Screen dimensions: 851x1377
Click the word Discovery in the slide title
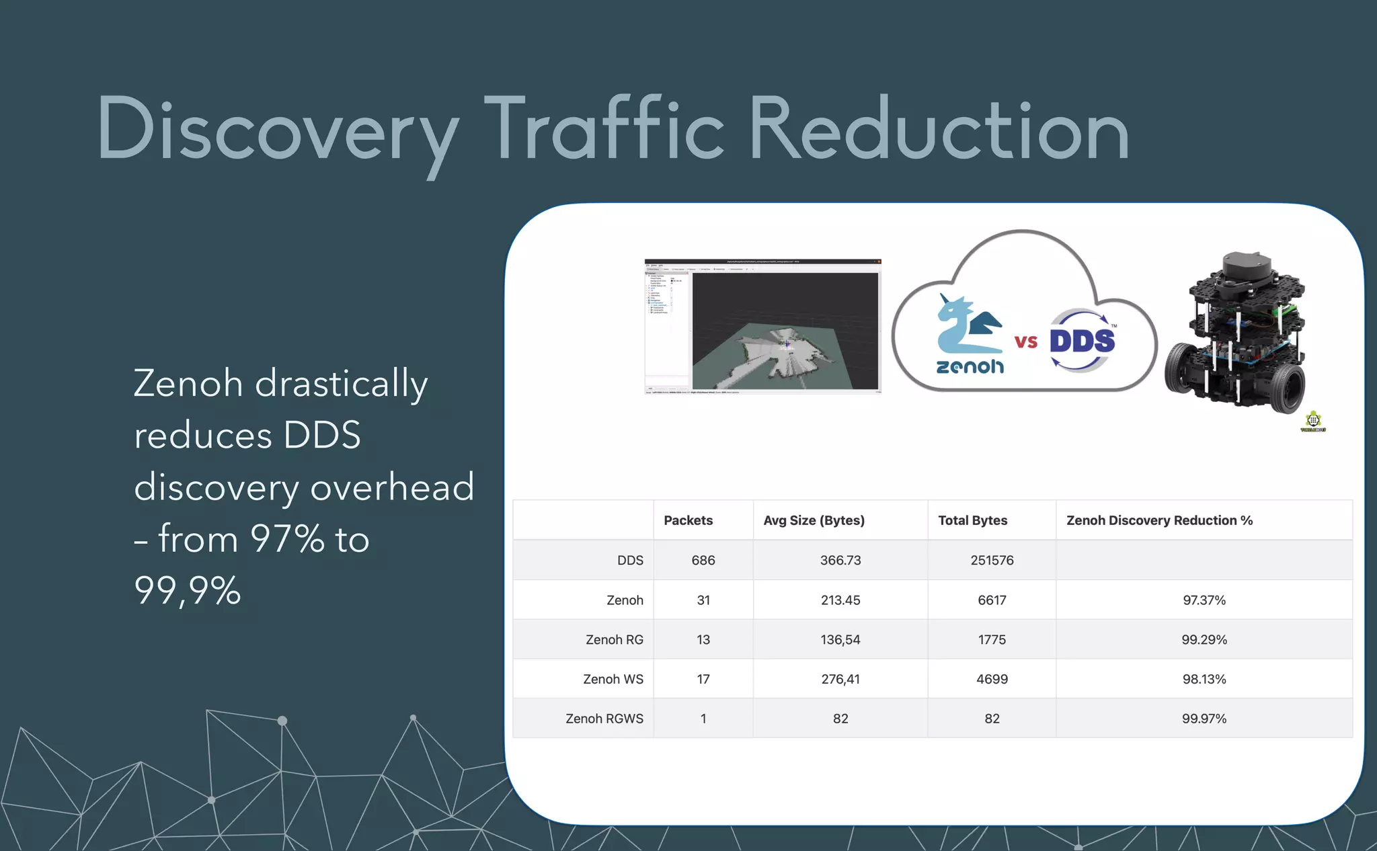pos(277,129)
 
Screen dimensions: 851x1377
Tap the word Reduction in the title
pos(938,129)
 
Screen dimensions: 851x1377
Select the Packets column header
pos(688,520)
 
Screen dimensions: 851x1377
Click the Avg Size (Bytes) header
pos(814,520)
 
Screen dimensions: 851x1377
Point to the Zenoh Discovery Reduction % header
pos(1159,520)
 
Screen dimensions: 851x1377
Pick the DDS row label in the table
pos(630,560)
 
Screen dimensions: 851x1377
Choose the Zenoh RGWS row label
pos(604,719)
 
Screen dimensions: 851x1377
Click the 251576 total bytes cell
pos(992,560)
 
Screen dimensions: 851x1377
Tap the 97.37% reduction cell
pos(1204,600)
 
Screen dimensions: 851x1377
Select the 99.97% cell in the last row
pos(1204,719)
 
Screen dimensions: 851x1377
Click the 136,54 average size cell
pos(840,639)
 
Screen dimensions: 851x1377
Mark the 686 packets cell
pos(703,560)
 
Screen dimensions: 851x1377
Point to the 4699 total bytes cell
pos(992,679)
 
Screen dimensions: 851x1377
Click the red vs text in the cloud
pos(1026,341)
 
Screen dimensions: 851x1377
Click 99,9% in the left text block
pos(187,591)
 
